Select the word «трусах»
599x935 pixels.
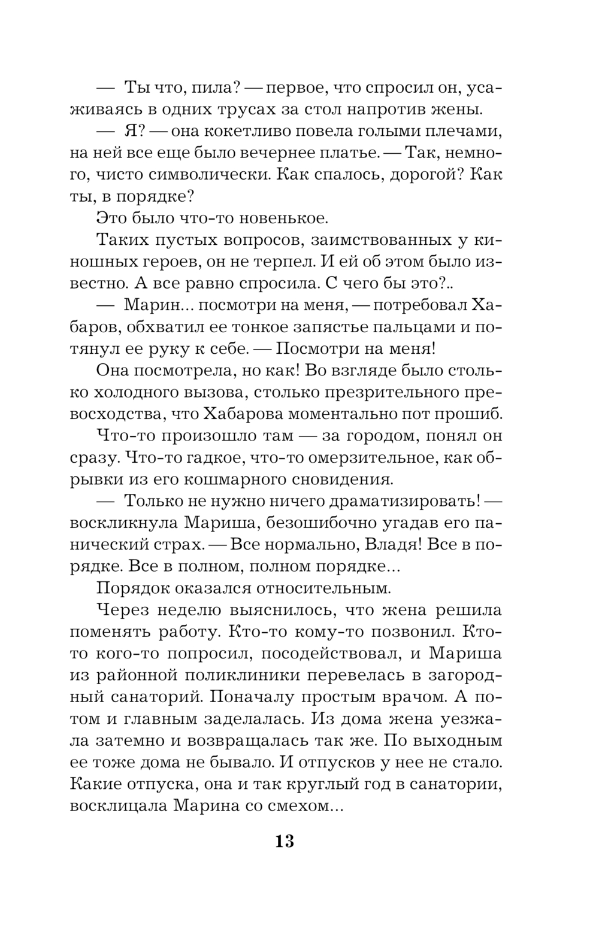260,110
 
